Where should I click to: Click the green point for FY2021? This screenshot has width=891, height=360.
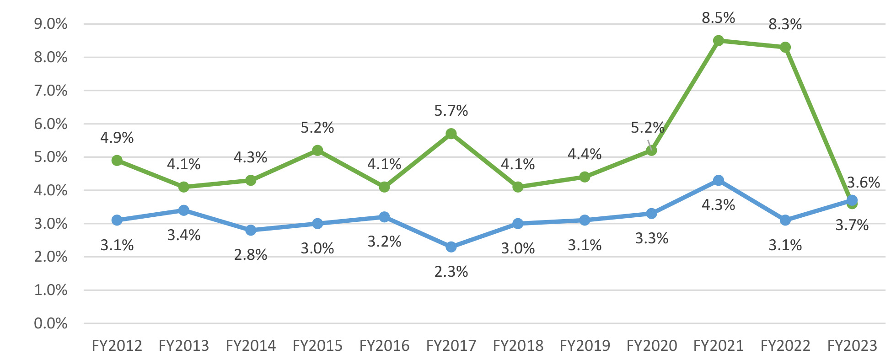(x=718, y=41)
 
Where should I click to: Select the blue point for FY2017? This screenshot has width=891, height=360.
(x=451, y=247)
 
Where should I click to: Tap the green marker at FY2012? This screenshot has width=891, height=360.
(x=117, y=160)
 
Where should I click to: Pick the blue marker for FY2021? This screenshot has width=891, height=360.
(x=718, y=180)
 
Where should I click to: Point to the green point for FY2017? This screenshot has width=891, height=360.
(x=451, y=134)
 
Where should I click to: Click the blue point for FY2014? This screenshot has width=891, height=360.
(x=251, y=230)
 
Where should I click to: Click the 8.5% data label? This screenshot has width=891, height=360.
(x=718, y=18)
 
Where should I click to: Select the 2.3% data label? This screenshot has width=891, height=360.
(x=451, y=272)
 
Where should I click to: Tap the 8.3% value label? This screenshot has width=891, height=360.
(x=785, y=24)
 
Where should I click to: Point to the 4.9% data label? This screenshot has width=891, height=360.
(x=117, y=137)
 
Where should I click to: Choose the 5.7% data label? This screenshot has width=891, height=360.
(x=451, y=111)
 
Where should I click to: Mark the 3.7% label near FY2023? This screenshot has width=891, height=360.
(x=852, y=225)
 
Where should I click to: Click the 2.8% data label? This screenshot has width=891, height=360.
(x=251, y=255)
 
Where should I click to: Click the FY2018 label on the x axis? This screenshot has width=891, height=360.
(x=518, y=346)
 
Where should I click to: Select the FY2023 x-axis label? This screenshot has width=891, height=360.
(x=852, y=346)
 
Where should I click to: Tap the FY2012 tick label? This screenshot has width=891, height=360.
(x=117, y=346)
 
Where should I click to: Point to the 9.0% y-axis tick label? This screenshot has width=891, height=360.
(x=51, y=24)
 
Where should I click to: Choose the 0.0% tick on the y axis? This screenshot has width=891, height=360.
(x=51, y=323)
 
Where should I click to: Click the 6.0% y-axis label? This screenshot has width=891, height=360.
(x=51, y=124)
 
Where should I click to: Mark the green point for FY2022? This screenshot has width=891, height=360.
(x=785, y=47)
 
